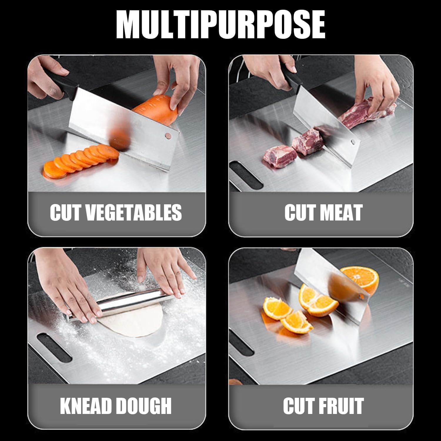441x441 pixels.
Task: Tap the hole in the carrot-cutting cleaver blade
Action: click(168, 136)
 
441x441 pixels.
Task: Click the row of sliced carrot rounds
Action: click(79, 162)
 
